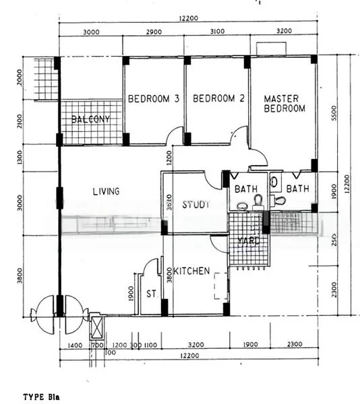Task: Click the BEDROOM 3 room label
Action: pos(153,99)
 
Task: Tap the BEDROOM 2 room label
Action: pos(218,99)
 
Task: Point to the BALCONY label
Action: pos(90,121)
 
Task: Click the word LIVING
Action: pos(106,192)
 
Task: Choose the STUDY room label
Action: pos(196,204)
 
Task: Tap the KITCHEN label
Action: pos(191,271)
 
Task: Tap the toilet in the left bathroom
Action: pos(257,201)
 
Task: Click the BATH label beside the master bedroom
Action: pos(297,189)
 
